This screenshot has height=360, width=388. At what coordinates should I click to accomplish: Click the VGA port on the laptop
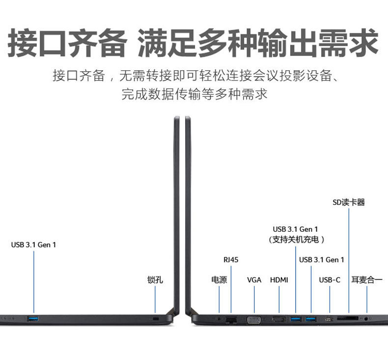pyautogui.click(x=254, y=320)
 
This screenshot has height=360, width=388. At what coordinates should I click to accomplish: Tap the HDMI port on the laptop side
pyautogui.click(x=279, y=320)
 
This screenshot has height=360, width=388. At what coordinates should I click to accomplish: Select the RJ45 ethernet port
pyautogui.click(x=231, y=320)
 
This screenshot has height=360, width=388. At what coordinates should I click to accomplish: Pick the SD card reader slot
pyautogui.click(x=349, y=318)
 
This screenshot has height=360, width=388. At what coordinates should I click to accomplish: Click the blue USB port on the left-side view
pyautogui.click(x=33, y=320)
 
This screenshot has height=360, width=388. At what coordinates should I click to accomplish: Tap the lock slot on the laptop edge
pyautogui.click(x=156, y=320)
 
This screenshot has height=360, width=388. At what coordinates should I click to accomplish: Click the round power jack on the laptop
pyautogui.click(x=219, y=320)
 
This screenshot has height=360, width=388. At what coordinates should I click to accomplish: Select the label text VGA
pyautogui.click(x=254, y=280)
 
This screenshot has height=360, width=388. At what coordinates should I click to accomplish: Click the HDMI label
pyautogui.click(x=279, y=280)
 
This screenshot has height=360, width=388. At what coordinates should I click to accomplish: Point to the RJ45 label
pyautogui.click(x=230, y=259)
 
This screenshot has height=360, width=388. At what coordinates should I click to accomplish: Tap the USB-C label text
pyautogui.click(x=330, y=280)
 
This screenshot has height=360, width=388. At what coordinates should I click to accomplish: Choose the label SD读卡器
pyautogui.click(x=349, y=202)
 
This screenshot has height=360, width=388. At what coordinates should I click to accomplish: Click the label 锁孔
pyautogui.click(x=155, y=280)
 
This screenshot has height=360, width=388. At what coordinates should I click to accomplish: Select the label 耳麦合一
pyautogui.click(x=367, y=280)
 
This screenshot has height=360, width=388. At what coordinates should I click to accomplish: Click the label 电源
pyautogui.click(x=219, y=280)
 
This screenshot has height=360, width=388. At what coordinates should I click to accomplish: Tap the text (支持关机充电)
pyautogui.click(x=296, y=240)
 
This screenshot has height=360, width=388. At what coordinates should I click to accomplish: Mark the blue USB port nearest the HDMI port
pyautogui.click(x=296, y=320)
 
